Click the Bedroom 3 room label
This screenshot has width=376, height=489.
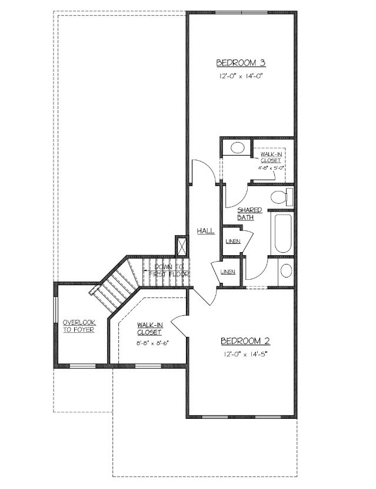click(241, 63)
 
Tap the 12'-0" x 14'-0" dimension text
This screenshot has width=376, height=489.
click(241, 76)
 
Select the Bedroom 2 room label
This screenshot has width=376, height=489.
click(245, 341)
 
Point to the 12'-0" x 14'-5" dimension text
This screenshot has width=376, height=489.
click(245, 354)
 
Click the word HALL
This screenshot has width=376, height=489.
click(205, 231)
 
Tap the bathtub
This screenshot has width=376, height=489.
click(283, 233)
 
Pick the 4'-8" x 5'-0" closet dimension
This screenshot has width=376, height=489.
click(271, 167)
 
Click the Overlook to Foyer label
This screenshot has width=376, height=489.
click(79, 326)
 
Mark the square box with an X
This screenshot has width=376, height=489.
click(181, 246)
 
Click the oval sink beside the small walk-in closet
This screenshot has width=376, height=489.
click(237, 147)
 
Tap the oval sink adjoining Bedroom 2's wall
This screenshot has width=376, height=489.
click(287, 270)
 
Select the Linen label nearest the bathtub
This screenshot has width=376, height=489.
click(232, 241)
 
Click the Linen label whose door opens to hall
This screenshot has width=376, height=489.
click(228, 272)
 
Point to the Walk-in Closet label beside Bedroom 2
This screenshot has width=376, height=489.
click(149, 329)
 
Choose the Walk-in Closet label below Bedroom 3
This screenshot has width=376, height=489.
click(271, 157)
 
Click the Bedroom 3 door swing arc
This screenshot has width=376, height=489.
click(207, 167)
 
